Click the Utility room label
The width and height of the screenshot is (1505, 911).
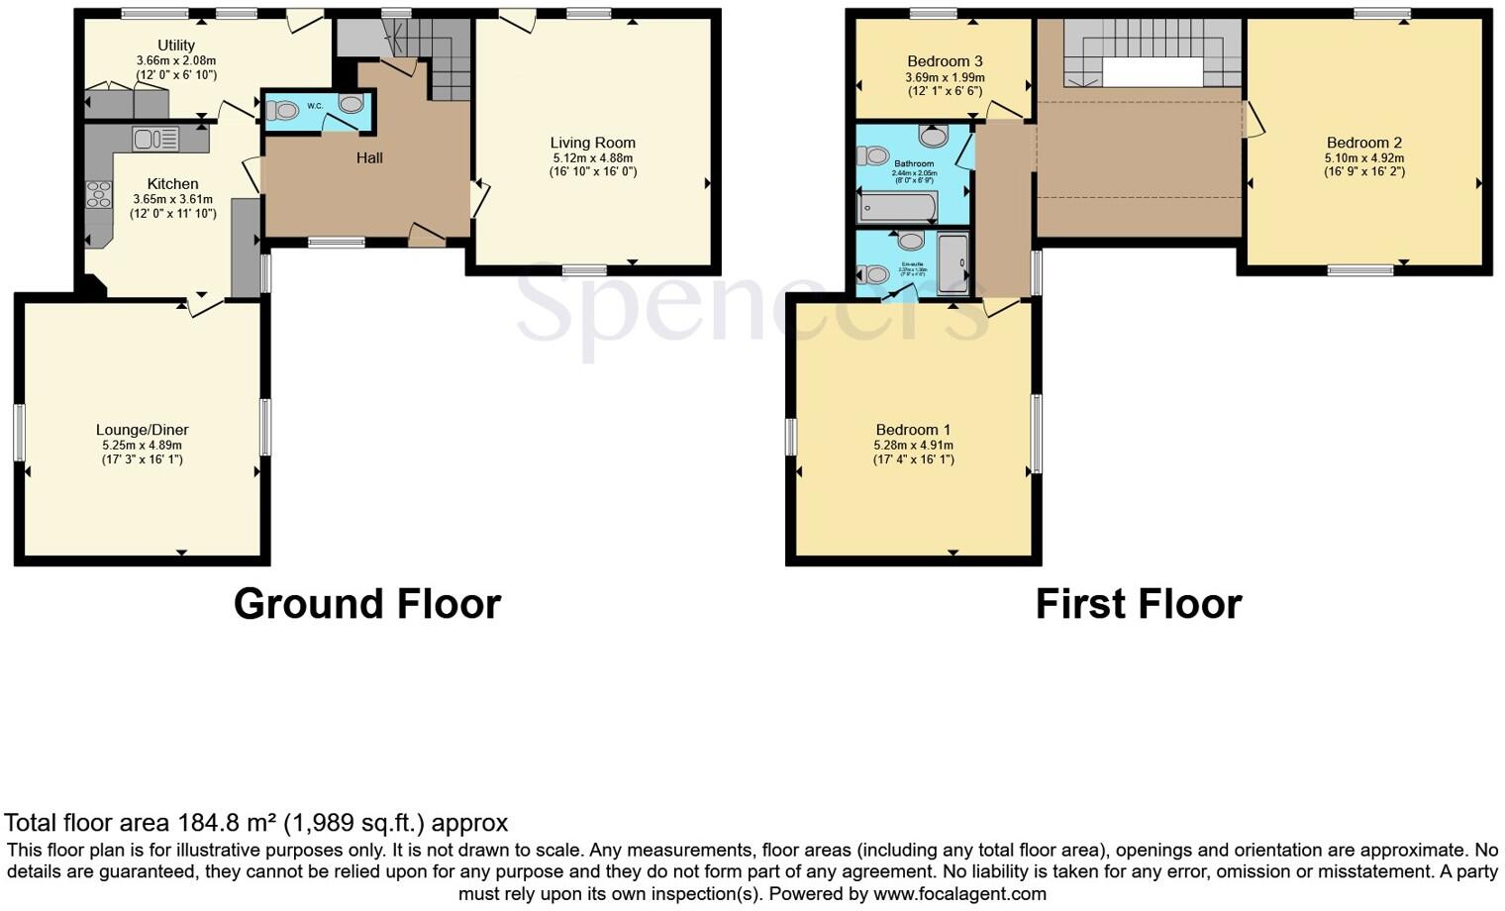[176, 46]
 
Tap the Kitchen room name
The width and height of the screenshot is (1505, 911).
[172, 184]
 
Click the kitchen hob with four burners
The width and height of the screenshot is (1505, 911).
[99, 193]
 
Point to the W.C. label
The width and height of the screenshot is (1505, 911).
[315, 106]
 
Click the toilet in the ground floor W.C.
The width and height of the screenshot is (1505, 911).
[281, 110]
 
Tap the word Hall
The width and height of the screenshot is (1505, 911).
[369, 157]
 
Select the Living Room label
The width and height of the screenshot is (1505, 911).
[593, 143]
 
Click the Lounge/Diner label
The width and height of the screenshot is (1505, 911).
[142, 430]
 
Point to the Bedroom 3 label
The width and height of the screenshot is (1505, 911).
[945, 61]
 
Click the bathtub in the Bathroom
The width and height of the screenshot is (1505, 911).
[897, 206]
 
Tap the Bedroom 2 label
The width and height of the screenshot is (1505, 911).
[1364, 143]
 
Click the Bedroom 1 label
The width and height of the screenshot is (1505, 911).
[913, 430]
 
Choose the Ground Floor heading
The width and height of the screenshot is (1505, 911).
[367, 603]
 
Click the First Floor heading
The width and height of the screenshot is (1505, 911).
[1139, 603]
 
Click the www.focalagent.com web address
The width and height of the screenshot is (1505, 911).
[959, 893]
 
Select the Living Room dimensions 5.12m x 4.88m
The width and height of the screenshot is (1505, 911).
[593, 157]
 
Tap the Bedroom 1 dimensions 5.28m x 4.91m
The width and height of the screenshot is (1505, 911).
[913, 445]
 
